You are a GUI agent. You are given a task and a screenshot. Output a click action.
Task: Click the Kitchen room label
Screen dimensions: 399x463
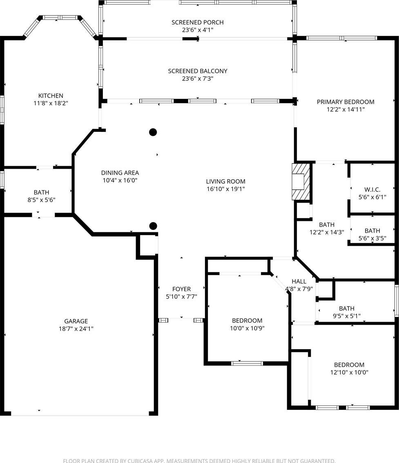[x=51, y=96]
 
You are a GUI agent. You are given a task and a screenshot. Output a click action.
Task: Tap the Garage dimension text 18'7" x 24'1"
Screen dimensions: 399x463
[x=76, y=329]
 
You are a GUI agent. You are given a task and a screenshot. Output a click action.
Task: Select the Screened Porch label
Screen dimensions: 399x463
[x=198, y=22]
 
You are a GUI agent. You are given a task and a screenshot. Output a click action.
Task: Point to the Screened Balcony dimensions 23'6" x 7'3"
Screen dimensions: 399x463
[x=198, y=78]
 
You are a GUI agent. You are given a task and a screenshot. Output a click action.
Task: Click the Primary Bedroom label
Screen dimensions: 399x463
[x=346, y=102]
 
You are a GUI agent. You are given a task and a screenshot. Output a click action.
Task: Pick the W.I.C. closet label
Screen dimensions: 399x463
[x=372, y=189]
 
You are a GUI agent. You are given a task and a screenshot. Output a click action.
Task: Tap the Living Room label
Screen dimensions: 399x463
[x=226, y=181]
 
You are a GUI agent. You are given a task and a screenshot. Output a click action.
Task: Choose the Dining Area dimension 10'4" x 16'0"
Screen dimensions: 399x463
[x=120, y=180]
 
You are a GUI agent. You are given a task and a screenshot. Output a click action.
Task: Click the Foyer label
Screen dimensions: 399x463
[x=181, y=289]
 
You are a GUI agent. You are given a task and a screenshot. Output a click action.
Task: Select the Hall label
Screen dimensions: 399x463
[x=299, y=281]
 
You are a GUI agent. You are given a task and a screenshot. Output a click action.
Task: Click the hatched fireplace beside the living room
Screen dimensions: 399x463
[x=301, y=182]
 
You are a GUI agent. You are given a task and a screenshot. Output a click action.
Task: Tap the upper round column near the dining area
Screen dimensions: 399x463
[x=153, y=132]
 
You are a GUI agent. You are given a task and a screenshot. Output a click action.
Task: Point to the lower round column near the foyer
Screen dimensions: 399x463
[x=153, y=226]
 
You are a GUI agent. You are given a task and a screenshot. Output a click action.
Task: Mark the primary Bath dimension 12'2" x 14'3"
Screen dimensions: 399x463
[x=327, y=232]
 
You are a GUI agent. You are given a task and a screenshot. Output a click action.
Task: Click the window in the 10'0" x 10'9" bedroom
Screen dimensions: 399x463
[x=247, y=363]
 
